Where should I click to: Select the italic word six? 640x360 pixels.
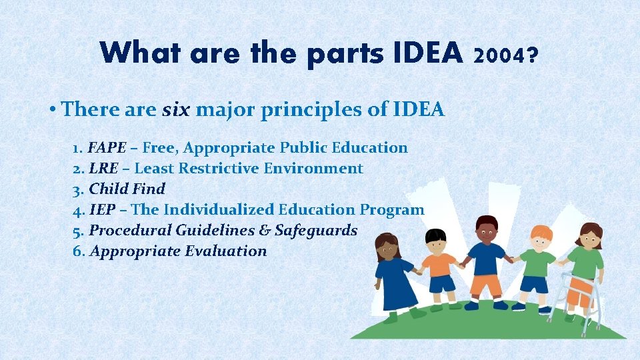[x=176, y=109]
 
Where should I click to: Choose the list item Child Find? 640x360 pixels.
[x=127, y=189]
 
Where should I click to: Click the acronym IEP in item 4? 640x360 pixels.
[x=103, y=209]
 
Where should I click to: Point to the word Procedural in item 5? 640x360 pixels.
[x=130, y=230]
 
